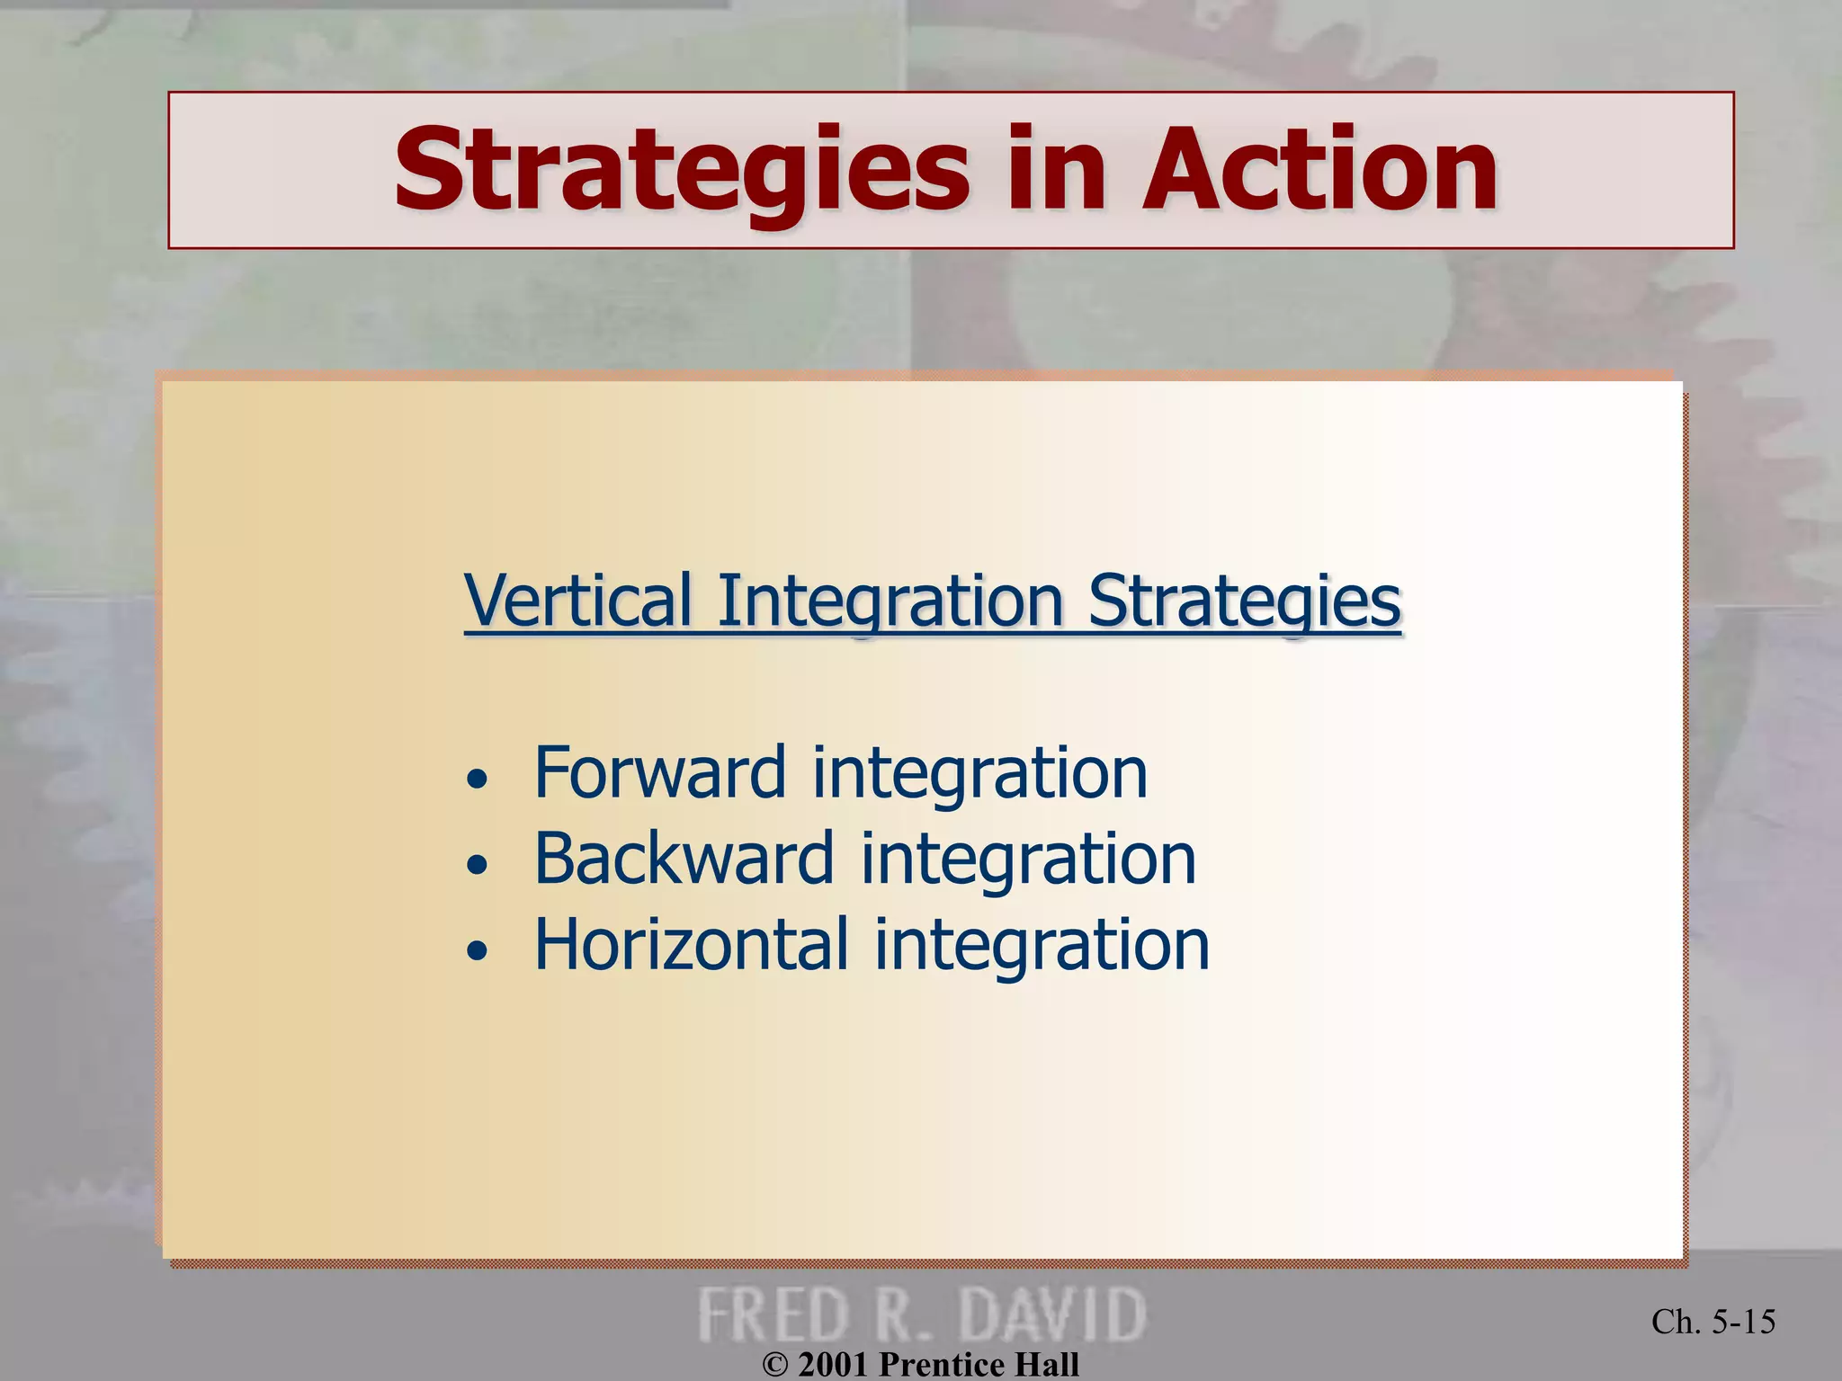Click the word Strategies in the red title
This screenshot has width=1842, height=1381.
[x=681, y=171]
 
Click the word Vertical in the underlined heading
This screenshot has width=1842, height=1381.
[x=578, y=601]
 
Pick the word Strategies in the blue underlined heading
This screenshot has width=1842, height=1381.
[x=1245, y=601]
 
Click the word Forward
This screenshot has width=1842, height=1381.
[x=661, y=772]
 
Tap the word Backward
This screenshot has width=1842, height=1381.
[x=684, y=859]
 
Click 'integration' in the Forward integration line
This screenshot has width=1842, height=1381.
[x=979, y=774]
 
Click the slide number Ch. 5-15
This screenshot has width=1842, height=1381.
[x=1712, y=1322]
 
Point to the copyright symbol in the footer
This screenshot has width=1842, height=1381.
[x=774, y=1365]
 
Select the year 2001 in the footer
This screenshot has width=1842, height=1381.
[x=833, y=1365]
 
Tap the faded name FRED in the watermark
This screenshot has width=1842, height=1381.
[x=774, y=1314]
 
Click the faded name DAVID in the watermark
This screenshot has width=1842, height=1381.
[x=1051, y=1314]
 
